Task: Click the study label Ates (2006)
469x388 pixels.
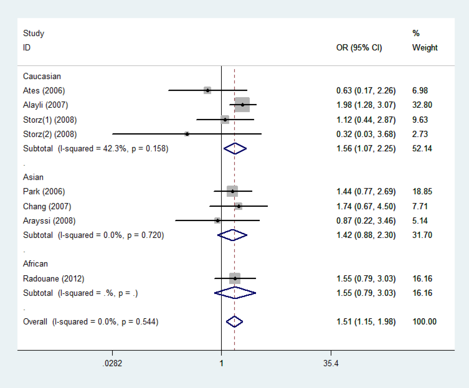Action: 44,91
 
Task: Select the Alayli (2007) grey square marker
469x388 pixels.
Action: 242,105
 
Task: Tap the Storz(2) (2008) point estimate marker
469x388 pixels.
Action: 187,134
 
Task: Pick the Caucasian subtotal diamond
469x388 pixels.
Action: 235,148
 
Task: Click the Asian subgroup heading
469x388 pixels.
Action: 33,177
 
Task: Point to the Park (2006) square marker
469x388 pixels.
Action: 232,191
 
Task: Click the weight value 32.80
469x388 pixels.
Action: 422,105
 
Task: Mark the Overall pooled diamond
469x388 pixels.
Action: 234,322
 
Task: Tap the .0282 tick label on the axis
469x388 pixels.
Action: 112,363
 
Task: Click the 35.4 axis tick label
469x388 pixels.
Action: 331,363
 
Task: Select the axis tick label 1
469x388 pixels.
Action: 221,363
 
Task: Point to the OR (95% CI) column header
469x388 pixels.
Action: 359,48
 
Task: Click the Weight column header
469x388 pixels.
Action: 425,48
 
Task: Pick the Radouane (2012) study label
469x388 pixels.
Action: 54,278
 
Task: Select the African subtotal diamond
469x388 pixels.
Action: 235,293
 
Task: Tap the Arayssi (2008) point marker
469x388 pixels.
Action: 218,221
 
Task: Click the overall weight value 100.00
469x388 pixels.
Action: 424,322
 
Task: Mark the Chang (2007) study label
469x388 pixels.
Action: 47,206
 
